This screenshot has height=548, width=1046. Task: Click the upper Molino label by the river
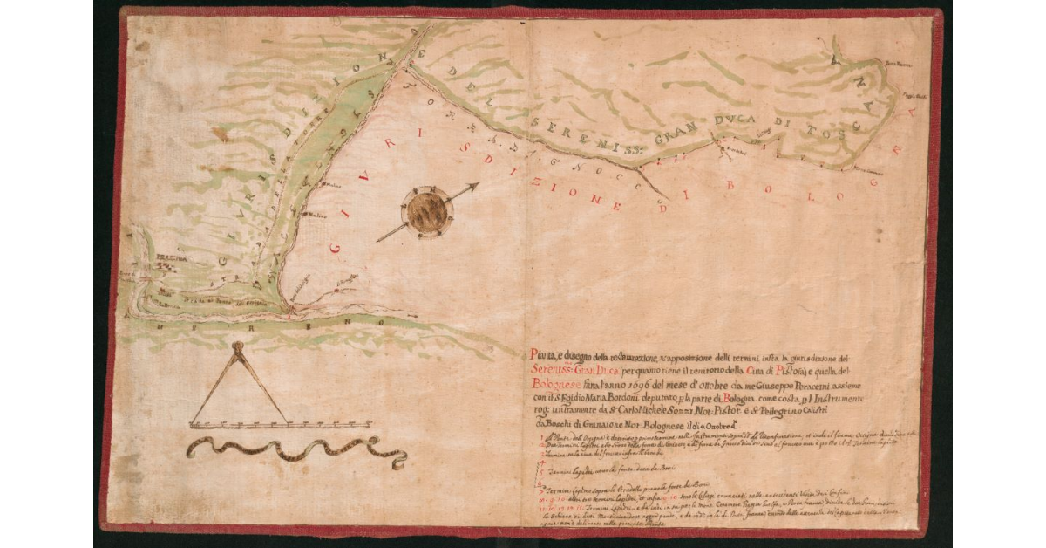tap(330, 186)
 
